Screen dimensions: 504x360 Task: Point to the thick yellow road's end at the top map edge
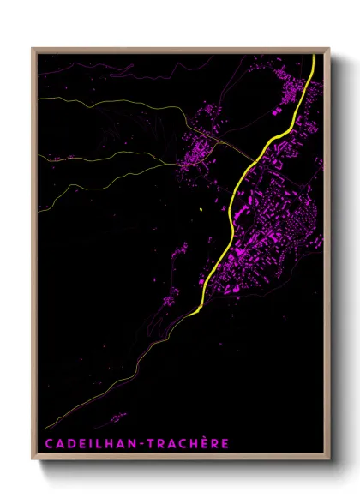pyautogui.click(x=314, y=56)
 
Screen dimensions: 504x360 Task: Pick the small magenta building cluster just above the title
pyautogui.click(x=117, y=418)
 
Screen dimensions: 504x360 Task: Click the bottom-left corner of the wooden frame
pyautogui.click(x=33, y=459)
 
